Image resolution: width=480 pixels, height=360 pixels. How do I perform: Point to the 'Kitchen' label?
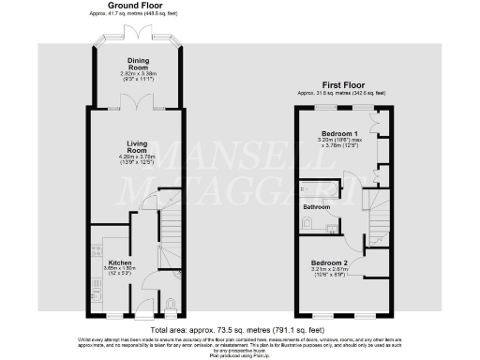pos(118,262)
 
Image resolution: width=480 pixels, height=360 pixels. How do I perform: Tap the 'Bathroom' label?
pos(316,206)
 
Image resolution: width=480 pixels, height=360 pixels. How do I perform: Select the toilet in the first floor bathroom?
pos(308,222)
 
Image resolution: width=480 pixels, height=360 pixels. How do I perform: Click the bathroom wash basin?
pos(333,225)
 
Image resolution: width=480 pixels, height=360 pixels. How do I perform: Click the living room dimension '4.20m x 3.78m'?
pos(138,158)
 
